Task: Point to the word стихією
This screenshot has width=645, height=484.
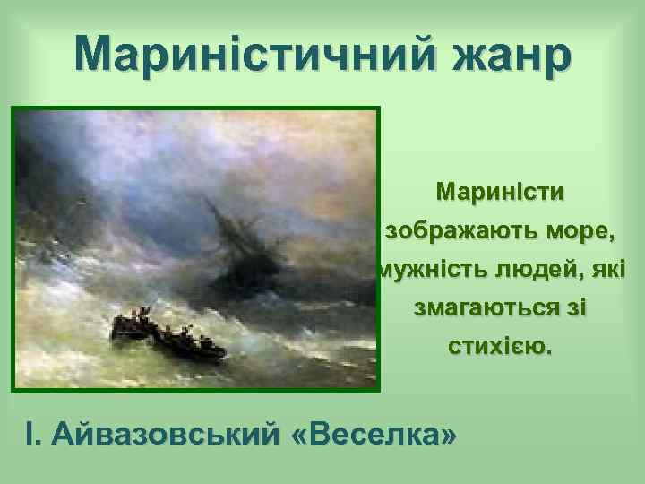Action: click(501, 347)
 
